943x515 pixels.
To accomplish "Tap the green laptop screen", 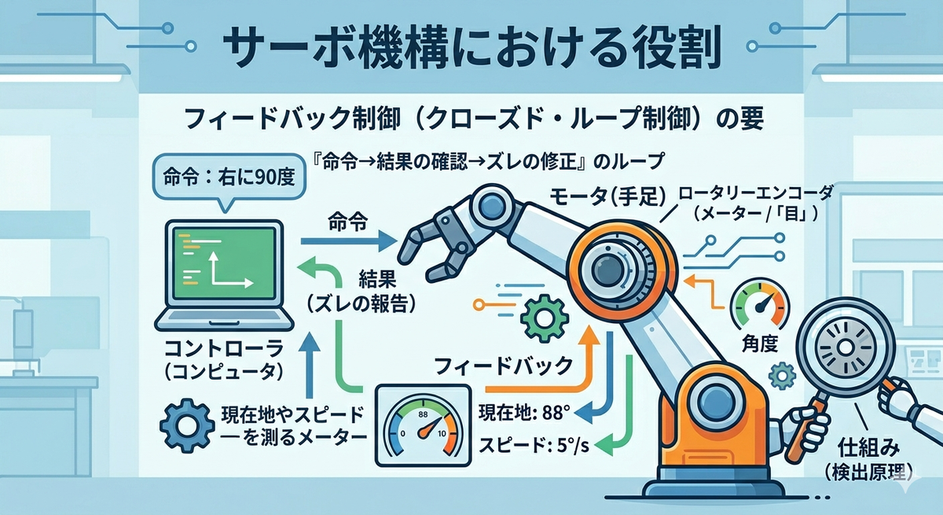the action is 225,263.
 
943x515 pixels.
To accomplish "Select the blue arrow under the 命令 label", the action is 349,241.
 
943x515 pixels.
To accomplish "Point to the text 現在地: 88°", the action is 524,412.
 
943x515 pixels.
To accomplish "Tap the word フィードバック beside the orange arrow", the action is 503,366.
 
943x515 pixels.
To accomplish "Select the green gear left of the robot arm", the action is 545,318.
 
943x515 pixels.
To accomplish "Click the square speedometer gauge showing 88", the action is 423,425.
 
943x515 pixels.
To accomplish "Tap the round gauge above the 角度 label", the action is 760,304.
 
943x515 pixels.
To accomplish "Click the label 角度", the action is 759,345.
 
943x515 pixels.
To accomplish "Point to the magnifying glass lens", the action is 845,348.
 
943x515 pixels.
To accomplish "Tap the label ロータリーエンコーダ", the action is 756,193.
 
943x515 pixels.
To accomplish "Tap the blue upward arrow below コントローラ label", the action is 310,365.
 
